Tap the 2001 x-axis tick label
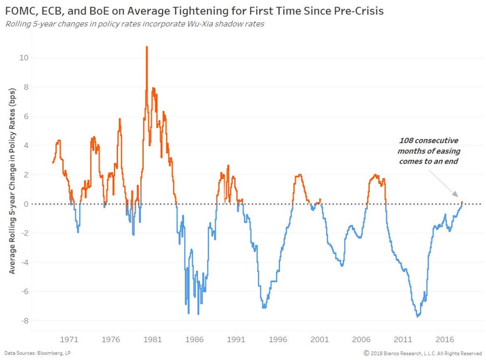tap(320, 339)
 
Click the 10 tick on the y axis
tap(23, 58)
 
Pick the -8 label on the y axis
tap(24, 321)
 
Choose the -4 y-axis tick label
tap(24, 262)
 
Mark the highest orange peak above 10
tap(147, 47)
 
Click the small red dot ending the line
tap(461, 203)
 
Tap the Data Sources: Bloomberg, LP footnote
tap(35, 353)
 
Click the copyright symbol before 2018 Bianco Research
tap(366, 353)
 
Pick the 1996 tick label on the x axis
tap(278, 339)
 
